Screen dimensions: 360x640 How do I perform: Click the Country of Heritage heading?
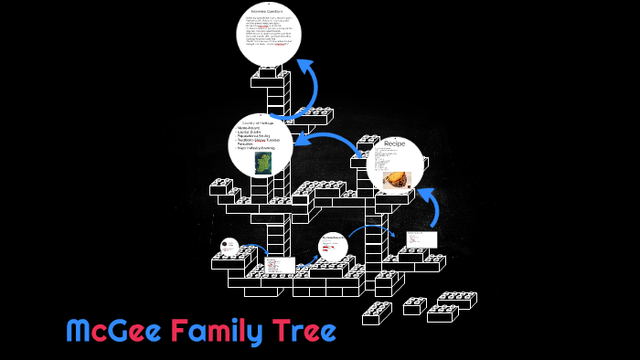click(259, 122)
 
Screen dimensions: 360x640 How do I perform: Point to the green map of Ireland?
click(263, 164)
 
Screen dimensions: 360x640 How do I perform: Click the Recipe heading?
click(394, 143)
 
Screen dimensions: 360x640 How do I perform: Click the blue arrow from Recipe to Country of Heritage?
click(334, 141)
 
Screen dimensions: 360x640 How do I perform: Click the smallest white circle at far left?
click(229, 247)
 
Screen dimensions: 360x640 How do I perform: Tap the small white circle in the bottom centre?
click(333, 247)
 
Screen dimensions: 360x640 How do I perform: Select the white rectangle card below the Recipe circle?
click(421, 238)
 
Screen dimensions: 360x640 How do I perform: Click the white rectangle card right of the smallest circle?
click(280, 265)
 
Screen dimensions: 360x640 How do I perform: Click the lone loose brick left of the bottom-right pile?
click(414, 305)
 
